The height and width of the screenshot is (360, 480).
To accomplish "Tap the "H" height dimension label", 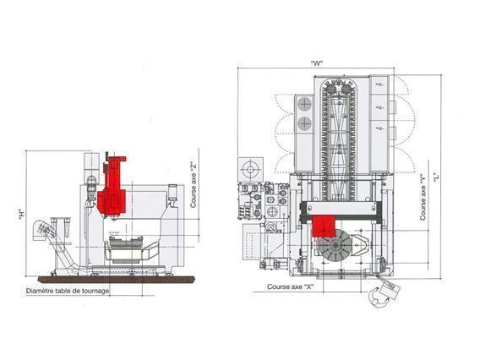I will pyautogui.click(x=19, y=214).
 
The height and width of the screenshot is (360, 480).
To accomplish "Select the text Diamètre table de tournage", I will pyautogui.click(x=68, y=291).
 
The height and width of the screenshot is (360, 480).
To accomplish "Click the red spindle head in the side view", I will pyautogui.click(x=111, y=194).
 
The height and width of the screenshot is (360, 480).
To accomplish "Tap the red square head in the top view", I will pyautogui.click(x=322, y=226).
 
